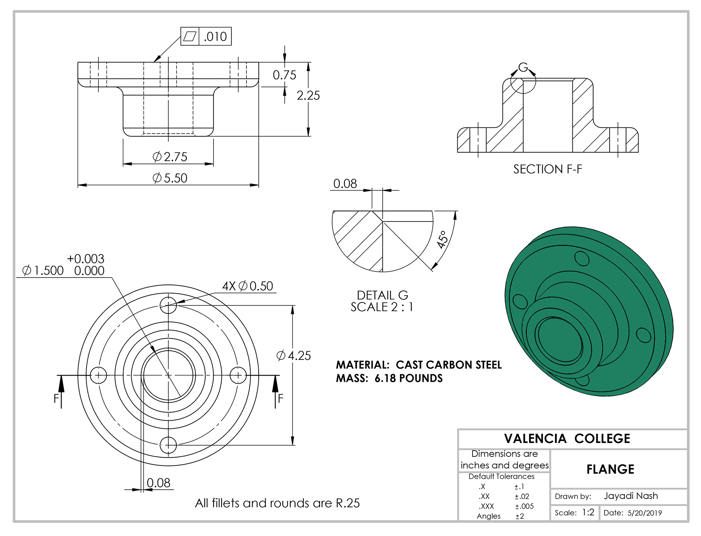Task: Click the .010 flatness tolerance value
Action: click(215, 37)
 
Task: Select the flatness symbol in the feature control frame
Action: click(190, 36)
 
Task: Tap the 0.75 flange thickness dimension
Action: click(284, 75)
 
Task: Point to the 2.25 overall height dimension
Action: click(308, 95)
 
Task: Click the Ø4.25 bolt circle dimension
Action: click(293, 356)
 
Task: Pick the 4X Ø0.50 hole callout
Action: click(248, 286)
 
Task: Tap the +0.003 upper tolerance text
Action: click(85, 259)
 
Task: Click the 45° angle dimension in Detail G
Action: click(442, 239)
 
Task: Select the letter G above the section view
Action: click(523, 68)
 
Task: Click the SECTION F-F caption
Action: click(548, 169)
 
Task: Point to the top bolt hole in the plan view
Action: click(168, 305)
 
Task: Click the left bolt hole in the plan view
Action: click(98, 375)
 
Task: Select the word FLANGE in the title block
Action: click(610, 469)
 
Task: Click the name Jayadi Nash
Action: click(631, 496)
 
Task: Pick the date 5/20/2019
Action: click(644, 513)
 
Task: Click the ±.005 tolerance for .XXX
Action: click(524, 506)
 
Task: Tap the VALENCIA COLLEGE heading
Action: click(567, 439)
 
